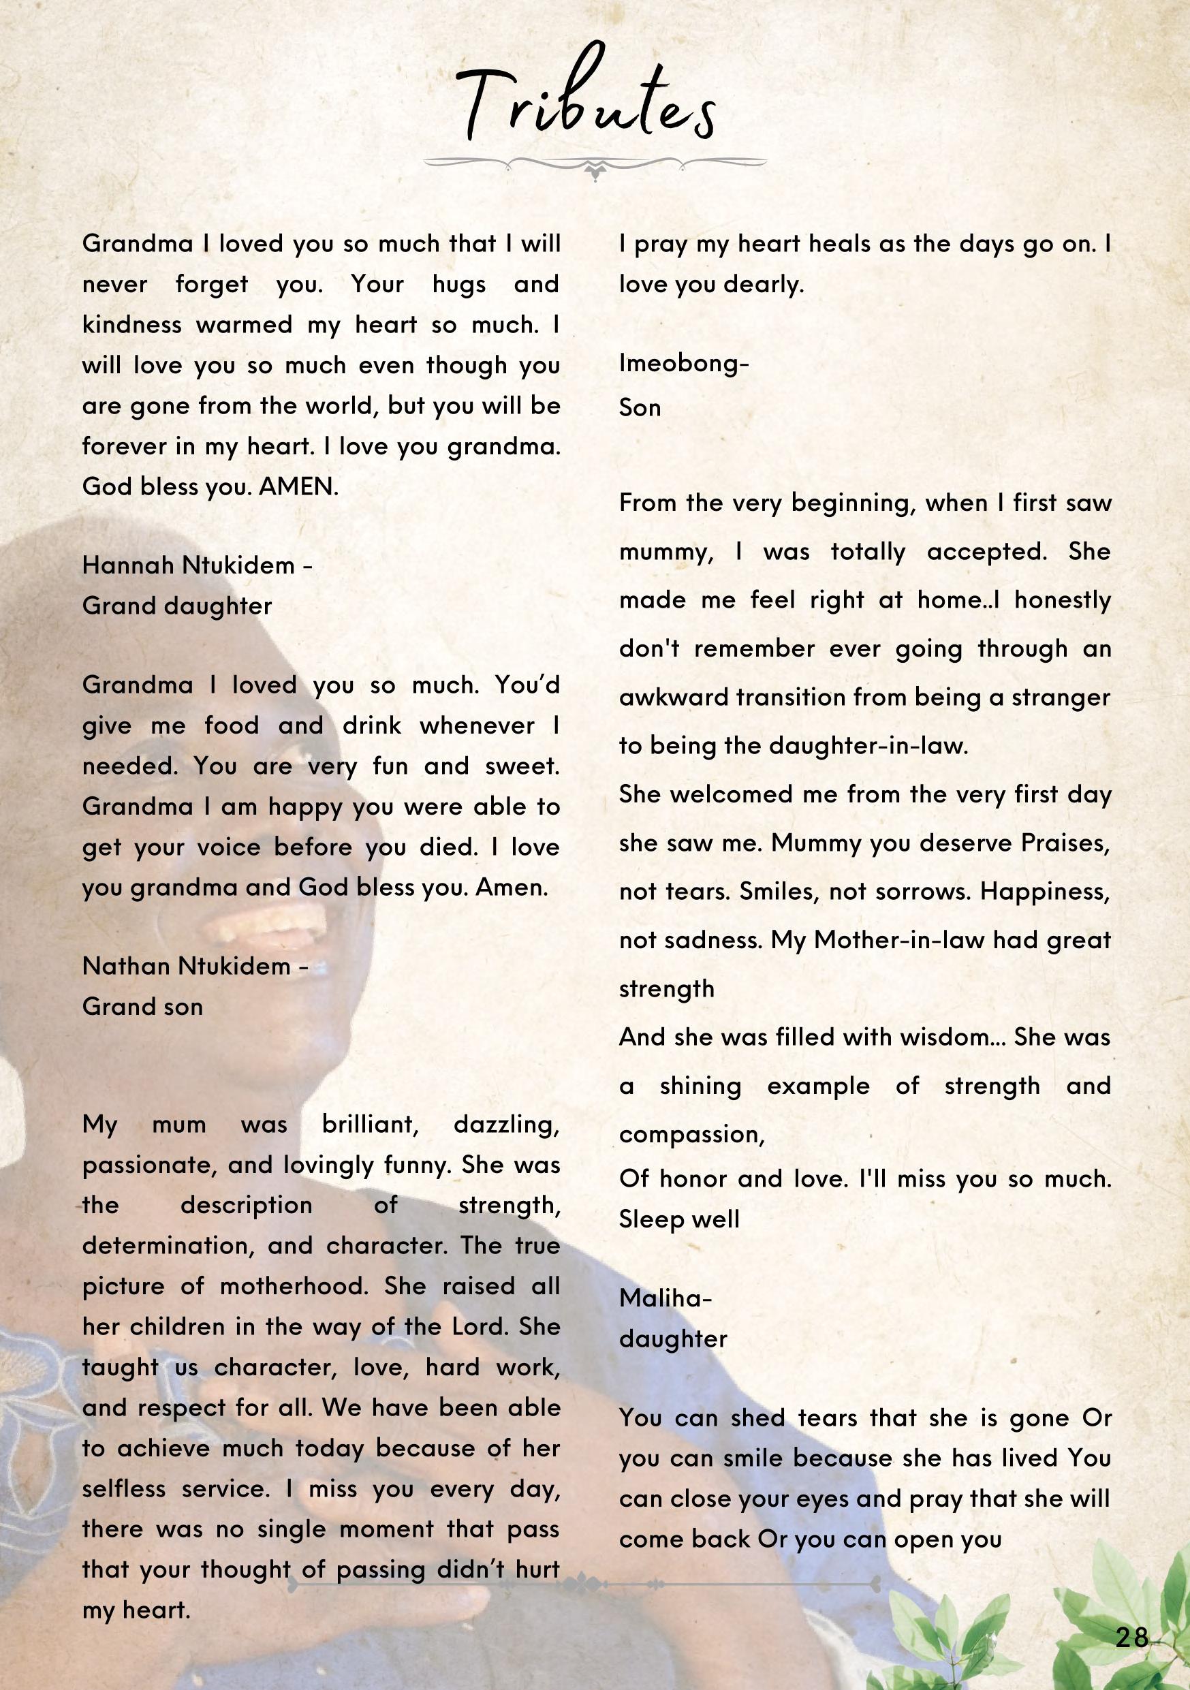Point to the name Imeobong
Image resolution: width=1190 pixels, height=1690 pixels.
click(x=680, y=363)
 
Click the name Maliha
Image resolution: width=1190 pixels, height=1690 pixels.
click(x=661, y=1298)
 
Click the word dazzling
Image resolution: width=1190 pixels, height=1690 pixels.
click(x=506, y=1125)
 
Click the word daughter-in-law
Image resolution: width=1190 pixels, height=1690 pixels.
click(x=868, y=746)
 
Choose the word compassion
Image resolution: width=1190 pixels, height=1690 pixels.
click(x=691, y=1134)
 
